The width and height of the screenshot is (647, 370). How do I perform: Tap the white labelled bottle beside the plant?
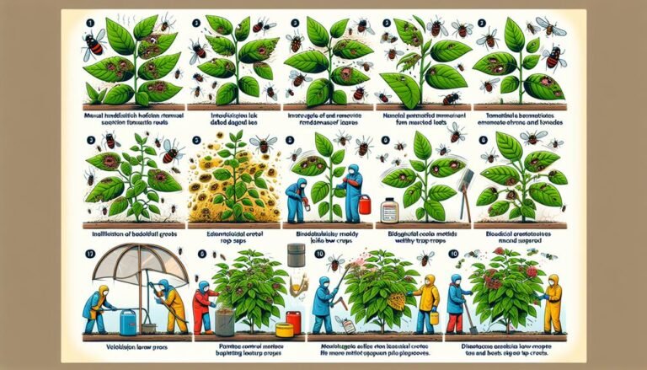click(x=389, y=208)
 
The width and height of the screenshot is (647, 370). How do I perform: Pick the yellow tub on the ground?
click(x=283, y=328)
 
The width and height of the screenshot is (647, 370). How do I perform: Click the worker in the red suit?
click(x=201, y=305)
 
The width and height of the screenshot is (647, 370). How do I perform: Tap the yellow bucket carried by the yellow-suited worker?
click(x=435, y=317)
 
